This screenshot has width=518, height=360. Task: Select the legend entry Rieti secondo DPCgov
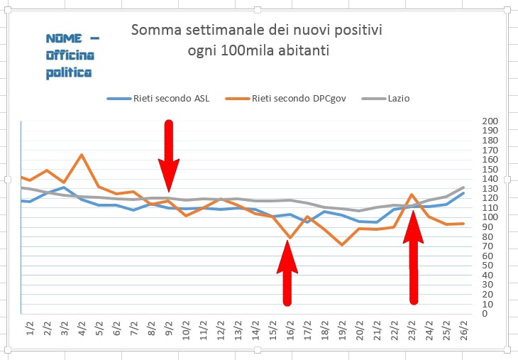click(x=299, y=99)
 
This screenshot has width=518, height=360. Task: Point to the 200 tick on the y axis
click(x=490, y=121)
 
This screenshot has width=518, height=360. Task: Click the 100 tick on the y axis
click(x=490, y=217)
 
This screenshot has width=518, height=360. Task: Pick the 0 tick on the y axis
click(x=485, y=314)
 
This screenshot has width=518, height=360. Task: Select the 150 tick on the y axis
click(x=490, y=170)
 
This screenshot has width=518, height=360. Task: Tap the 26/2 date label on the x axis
click(x=464, y=331)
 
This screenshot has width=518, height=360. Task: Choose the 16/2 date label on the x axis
click(x=290, y=331)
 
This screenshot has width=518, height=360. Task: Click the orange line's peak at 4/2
click(x=82, y=154)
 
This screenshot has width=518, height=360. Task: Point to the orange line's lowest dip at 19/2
click(x=342, y=245)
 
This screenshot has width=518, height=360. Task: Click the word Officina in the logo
click(x=70, y=55)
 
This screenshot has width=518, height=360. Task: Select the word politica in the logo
click(x=70, y=72)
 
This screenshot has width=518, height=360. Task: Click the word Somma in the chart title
click(x=155, y=31)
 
